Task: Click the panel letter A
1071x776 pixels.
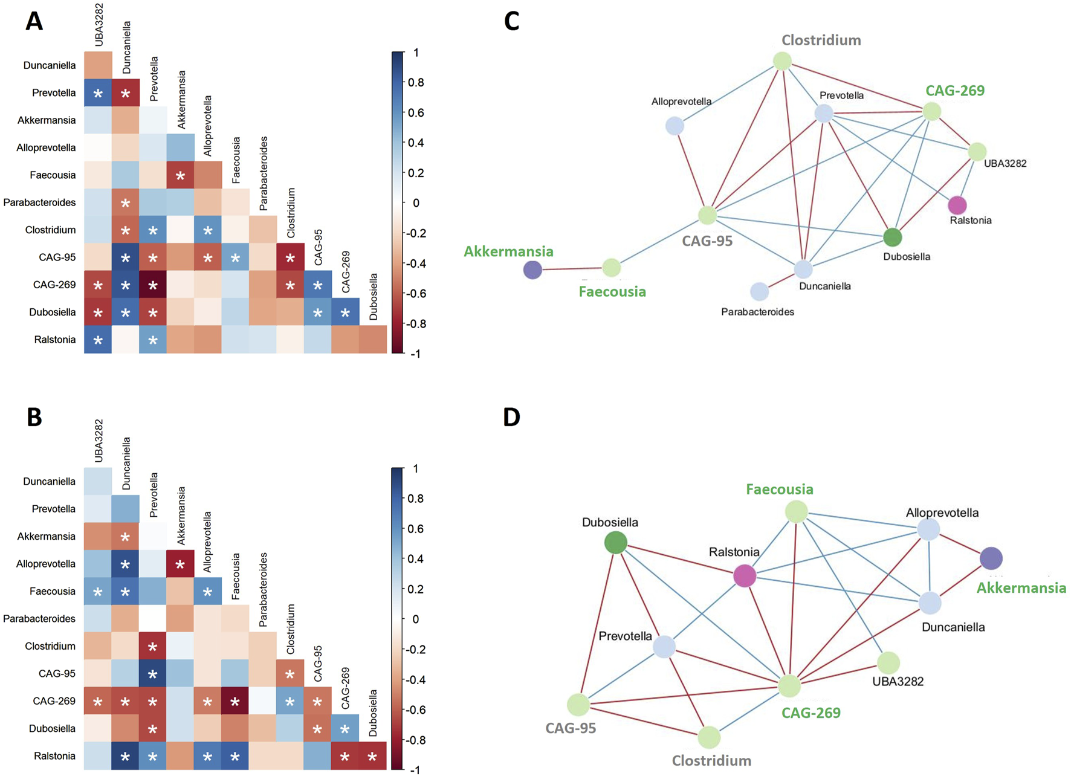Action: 34,22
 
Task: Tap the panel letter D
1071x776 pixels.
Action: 511,417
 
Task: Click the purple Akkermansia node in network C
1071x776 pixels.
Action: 532,270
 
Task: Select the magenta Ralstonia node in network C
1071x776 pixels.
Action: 957,205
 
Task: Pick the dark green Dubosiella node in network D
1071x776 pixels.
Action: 615,542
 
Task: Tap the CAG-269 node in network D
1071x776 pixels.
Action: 789,686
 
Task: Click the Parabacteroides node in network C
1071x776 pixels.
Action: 759,291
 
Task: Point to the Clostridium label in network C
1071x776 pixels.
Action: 821,40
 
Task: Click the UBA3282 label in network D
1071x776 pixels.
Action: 898,681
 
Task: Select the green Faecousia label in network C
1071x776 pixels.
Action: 612,292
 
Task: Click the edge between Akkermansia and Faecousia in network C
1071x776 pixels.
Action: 572,268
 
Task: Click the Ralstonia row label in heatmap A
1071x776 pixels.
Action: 55,340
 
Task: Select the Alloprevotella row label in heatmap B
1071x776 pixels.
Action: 46,564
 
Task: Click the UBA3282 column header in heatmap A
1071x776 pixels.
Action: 99,24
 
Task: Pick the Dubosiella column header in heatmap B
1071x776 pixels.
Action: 374,713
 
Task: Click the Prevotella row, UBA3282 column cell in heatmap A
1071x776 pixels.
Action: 98,93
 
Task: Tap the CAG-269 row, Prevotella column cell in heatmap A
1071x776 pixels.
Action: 153,285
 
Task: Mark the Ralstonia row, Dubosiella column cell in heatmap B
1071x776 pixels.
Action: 373,756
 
